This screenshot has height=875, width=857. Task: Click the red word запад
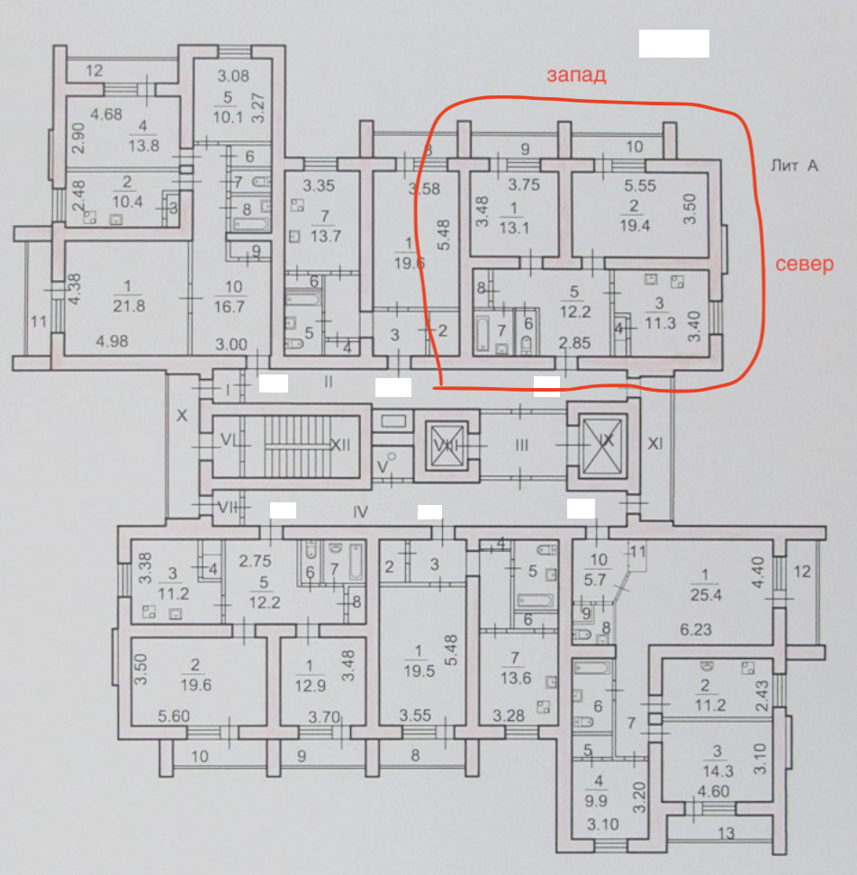pos(576,76)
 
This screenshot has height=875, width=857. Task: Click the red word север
pos(805,265)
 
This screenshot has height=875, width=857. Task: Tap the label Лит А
pos(794,165)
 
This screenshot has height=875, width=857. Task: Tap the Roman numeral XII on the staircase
pos(339,444)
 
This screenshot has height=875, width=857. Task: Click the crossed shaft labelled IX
pos(602,442)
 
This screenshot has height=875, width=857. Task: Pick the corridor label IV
pos(361,512)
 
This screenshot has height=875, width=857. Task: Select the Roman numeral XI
pos(655,443)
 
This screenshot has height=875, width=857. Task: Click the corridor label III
pos(522,444)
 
